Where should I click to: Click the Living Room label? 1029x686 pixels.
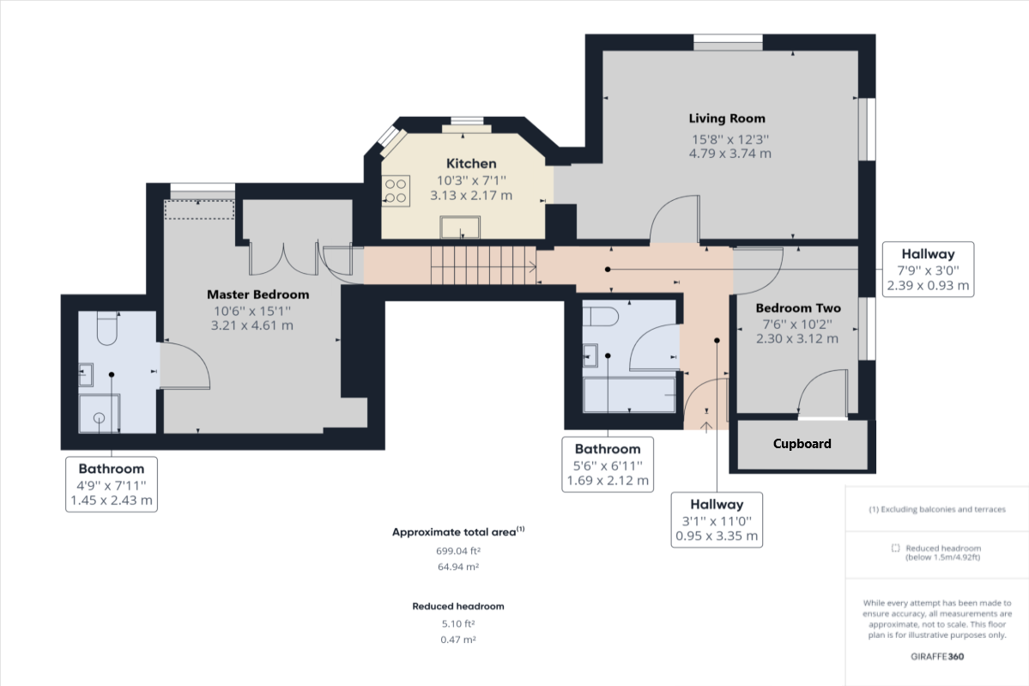click(727, 118)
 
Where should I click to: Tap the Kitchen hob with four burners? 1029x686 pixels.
click(396, 190)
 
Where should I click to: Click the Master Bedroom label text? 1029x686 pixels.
click(257, 294)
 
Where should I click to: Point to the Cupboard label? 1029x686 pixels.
click(802, 444)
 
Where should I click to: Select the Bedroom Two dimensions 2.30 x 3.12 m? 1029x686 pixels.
click(796, 339)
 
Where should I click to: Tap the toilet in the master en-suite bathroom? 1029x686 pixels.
click(107, 329)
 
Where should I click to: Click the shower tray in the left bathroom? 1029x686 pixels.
click(100, 414)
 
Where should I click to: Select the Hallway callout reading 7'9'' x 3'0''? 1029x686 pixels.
click(928, 270)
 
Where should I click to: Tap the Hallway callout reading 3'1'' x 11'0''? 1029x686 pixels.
click(717, 519)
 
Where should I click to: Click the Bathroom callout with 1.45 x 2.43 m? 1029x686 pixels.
click(112, 484)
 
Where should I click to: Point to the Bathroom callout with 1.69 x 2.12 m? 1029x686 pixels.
click(607, 464)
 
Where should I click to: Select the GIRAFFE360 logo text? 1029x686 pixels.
click(937, 657)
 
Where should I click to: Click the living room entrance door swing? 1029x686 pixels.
click(674, 220)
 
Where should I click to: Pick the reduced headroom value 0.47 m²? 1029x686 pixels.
click(457, 640)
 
